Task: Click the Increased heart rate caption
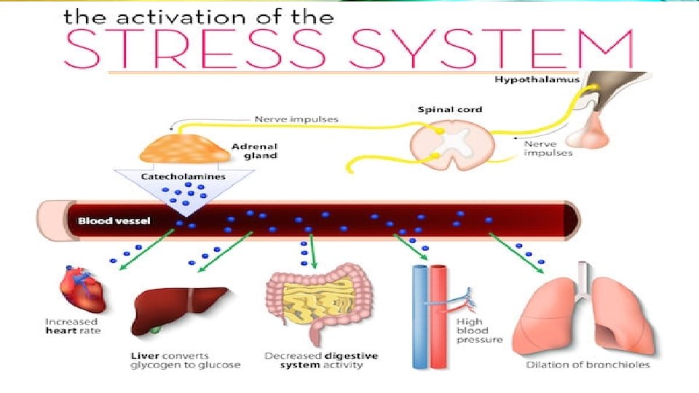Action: (73, 326)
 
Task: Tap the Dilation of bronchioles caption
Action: (588, 365)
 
